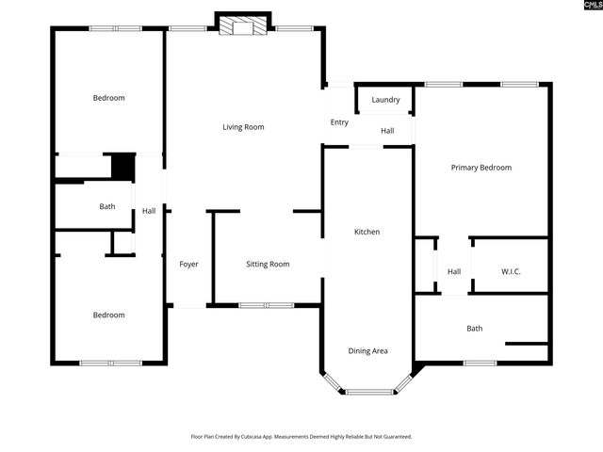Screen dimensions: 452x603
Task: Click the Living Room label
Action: point(243,127)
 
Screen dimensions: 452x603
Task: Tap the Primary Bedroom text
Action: point(481,168)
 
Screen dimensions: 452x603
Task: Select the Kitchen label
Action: point(367,232)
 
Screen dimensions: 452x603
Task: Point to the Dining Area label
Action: point(367,351)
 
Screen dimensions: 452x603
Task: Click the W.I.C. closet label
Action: point(510,272)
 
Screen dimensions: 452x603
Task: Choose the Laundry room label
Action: point(385,100)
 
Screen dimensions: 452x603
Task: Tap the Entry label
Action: point(339,122)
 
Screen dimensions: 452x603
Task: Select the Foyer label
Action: point(188,265)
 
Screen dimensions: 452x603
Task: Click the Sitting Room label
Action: point(268,265)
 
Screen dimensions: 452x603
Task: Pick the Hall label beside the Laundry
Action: point(387,131)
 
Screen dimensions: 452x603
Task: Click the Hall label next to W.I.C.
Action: point(454,272)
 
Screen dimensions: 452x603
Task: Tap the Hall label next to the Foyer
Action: point(149,211)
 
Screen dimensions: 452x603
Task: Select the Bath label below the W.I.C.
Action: point(474,329)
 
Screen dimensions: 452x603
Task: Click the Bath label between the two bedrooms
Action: point(107,206)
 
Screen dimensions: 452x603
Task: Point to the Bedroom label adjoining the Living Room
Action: point(108,98)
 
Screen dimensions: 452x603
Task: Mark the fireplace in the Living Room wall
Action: point(243,27)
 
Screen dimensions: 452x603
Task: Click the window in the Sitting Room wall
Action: point(266,305)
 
